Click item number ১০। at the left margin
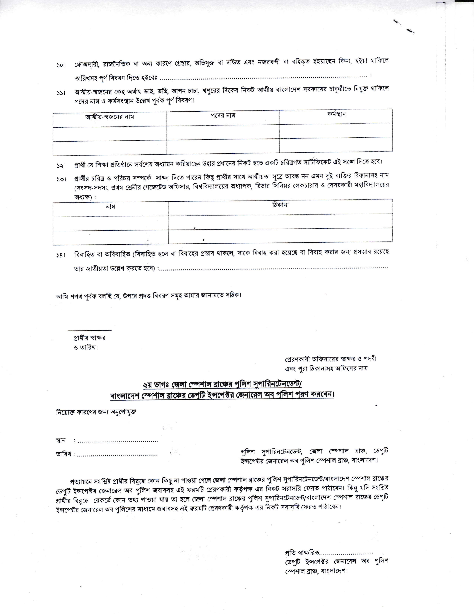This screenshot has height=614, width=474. coord(61,65)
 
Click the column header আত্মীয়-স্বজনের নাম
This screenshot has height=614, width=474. coord(110,117)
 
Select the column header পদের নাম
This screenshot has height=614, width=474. coord(223,116)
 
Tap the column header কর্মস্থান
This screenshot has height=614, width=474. coord(336,114)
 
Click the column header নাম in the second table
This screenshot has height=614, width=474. coord(110,207)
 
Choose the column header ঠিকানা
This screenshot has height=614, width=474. coord(280,205)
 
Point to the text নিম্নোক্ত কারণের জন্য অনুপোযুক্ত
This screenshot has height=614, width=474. coord(96,412)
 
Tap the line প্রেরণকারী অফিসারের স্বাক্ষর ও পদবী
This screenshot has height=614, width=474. coord(330,359)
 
